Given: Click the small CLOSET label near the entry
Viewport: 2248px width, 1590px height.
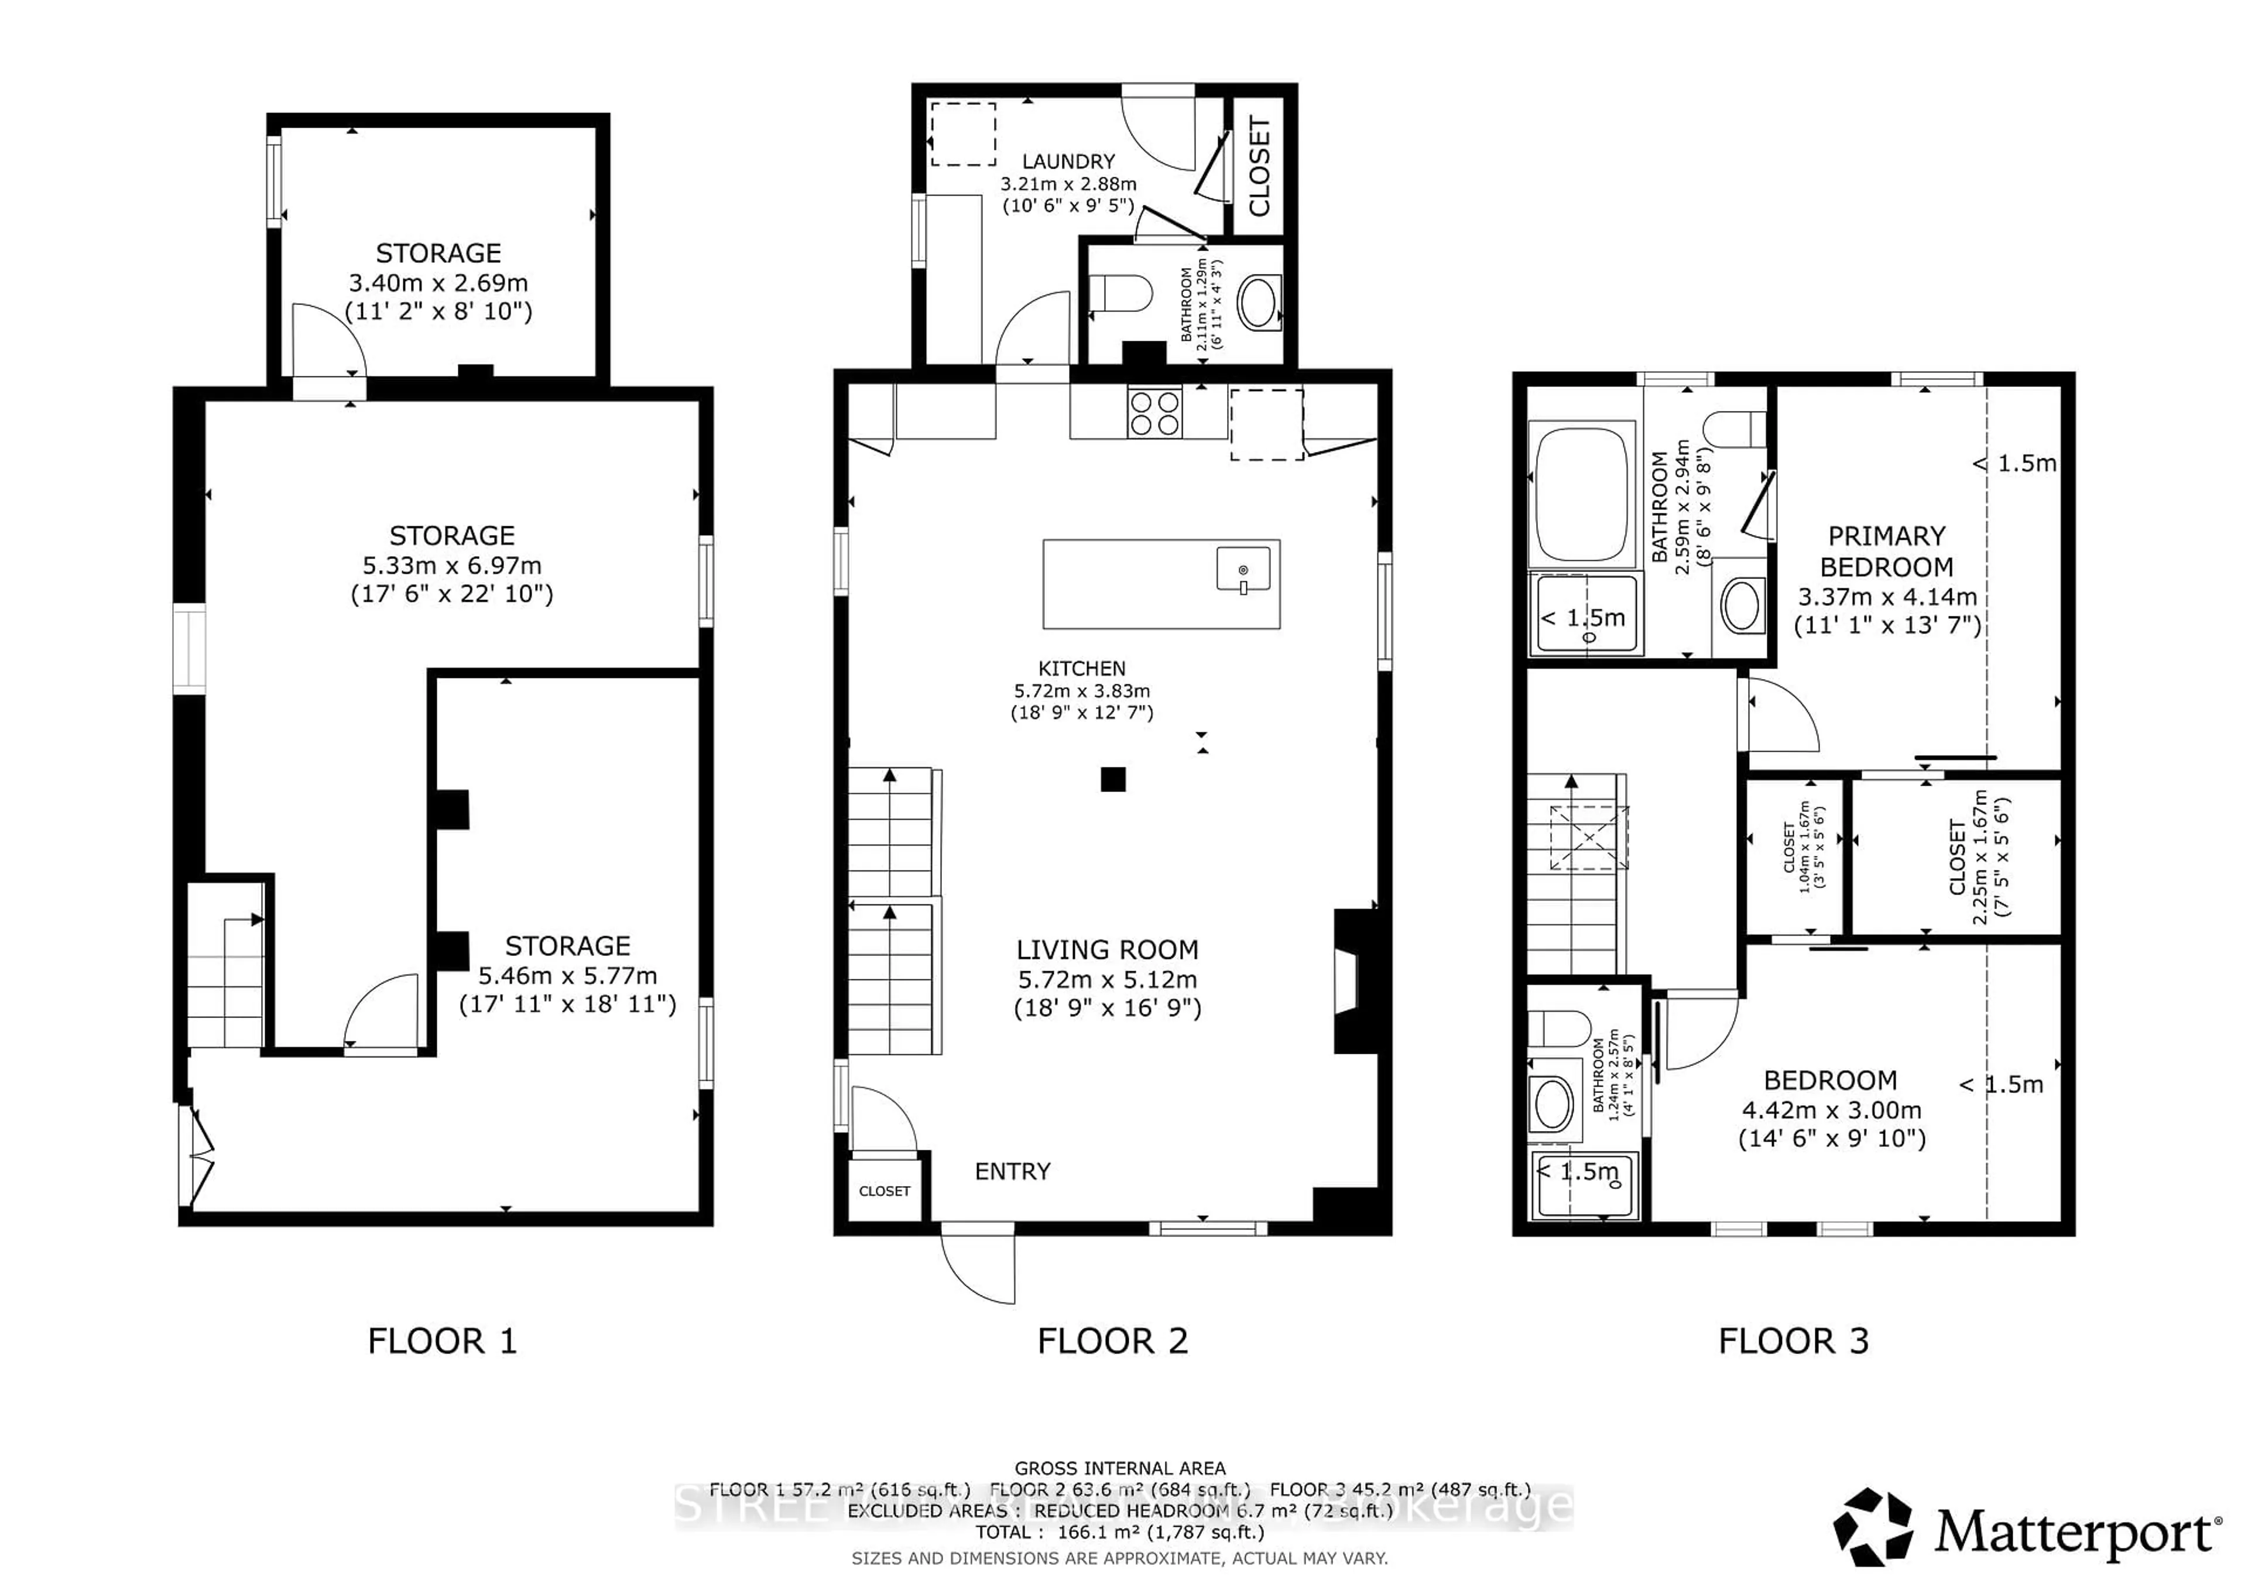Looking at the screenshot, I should click(884, 1191).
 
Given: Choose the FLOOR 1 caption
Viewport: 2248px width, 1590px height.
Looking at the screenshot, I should click(441, 1341).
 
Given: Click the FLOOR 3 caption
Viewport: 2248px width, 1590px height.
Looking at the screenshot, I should click(1794, 1341).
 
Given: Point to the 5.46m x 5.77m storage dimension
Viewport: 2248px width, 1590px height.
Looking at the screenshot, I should click(567, 976).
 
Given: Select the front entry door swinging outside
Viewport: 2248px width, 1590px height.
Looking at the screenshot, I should click(978, 1266).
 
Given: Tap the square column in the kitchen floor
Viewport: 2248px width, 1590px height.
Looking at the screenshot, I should click(1112, 779).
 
